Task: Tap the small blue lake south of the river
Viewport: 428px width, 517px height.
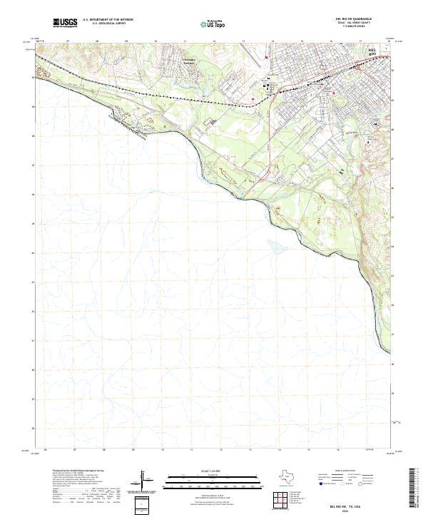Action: pyautogui.click(x=275, y=249)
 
